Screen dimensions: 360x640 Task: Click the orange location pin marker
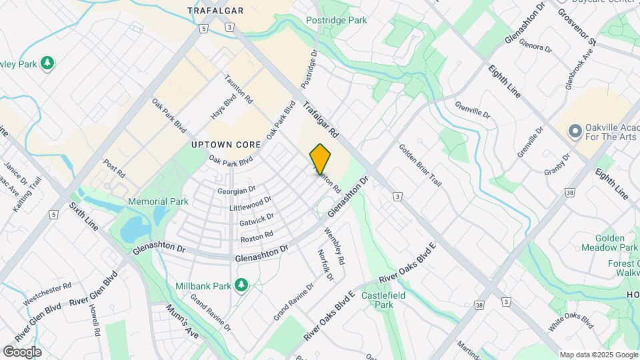click(320, 159)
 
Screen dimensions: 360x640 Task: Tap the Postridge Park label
click(337, 21)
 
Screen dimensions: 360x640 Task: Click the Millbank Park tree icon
click(241, 285)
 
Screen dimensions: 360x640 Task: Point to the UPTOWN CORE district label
click(221, 144)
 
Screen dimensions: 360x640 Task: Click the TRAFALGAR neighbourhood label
click(215, 11)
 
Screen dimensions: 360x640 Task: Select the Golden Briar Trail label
click(420, 165)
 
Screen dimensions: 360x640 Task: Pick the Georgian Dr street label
click(237, 190)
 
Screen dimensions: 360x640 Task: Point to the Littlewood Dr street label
click(251, 203)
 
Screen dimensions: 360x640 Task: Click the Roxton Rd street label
click(257, 235)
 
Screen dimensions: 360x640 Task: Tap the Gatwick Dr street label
click(257, 219)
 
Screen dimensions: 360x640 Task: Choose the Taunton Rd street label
click(239, 89)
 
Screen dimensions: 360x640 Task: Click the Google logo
click(22, 352)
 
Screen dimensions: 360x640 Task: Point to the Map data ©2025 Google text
click(598, 355)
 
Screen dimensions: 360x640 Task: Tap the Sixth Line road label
click(83, 216)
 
